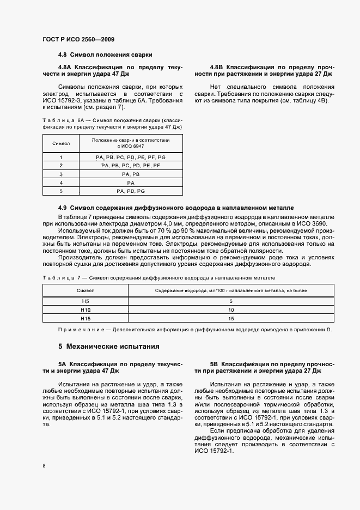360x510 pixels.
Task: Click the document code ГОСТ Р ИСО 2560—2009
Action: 77,39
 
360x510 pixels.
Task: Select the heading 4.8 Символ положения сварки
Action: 105,55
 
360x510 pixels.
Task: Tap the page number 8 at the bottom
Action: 44,466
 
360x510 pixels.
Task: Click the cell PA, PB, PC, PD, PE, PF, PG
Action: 131,157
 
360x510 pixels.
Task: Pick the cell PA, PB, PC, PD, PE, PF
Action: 131,165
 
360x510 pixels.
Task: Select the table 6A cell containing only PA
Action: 131,183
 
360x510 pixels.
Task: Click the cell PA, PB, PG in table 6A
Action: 131,191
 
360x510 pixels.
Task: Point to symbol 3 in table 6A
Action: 61,174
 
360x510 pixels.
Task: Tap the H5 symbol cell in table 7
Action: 84,301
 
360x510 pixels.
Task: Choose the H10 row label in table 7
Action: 84,309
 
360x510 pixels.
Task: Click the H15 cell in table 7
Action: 84,318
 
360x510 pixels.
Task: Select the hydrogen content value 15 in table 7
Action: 231,318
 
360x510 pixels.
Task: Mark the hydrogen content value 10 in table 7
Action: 231,309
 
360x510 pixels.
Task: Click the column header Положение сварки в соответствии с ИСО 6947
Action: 131,143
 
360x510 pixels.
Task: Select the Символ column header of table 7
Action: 84,291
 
